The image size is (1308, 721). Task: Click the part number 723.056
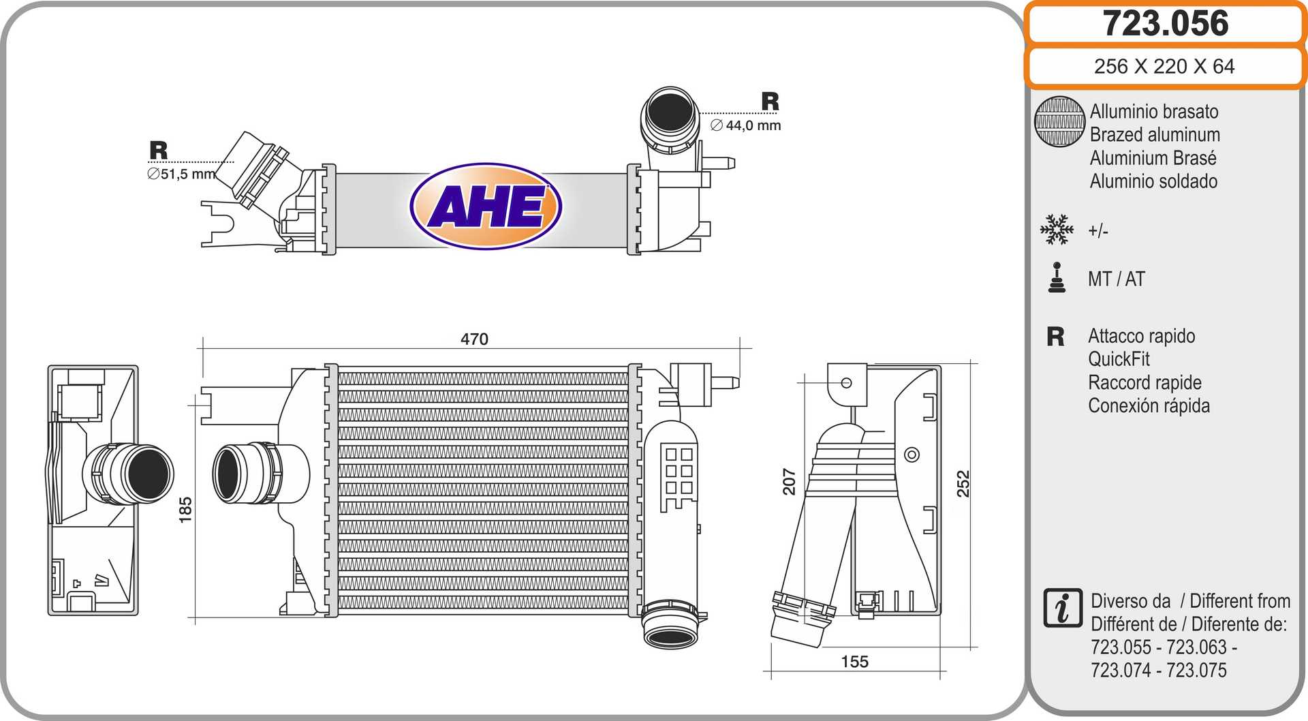(1165, 23)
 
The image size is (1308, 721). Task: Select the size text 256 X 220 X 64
(1164, 66)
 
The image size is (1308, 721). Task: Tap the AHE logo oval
(486, 206)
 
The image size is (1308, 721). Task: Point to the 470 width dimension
(474, 339)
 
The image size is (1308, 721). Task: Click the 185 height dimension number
(185, 510)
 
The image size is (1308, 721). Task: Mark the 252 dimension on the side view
(963, 483)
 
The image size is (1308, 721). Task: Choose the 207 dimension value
(789, 481)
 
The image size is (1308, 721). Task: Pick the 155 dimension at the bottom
(854, 662)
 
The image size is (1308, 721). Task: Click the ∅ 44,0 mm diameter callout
(745, 125)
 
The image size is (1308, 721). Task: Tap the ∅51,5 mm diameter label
(181, 174)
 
